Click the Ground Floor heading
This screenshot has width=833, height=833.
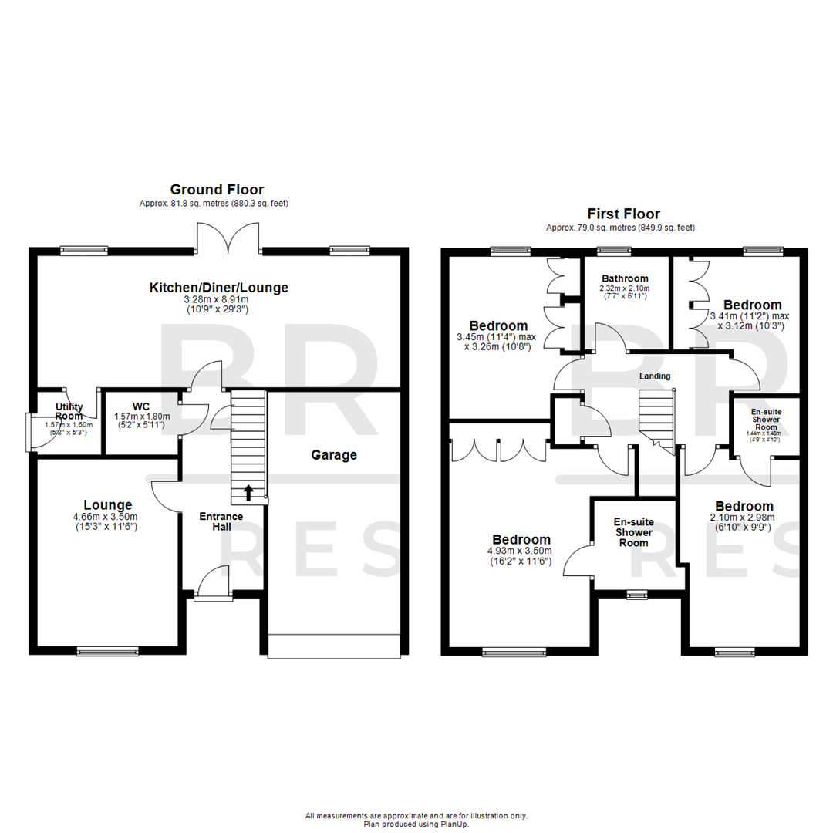[217, 189]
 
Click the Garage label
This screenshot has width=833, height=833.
[334, 455]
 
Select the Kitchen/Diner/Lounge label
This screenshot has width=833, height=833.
[218, 288]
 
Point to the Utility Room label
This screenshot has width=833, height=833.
[69, 411]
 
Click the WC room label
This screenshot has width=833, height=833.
[141, 406]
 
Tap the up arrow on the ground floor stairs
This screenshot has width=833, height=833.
[248, 490]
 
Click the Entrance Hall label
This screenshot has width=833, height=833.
[221, 521]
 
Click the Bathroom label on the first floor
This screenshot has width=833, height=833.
[625, 278]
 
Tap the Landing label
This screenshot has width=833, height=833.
[655, 376]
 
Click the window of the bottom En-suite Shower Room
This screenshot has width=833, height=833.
[637, 594]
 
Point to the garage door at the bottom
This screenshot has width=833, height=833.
[334, 646]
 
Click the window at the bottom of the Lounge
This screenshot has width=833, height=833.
[108, 652]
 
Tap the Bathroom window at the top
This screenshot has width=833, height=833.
[613, 250]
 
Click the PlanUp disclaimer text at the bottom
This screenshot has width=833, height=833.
[416, 820]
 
